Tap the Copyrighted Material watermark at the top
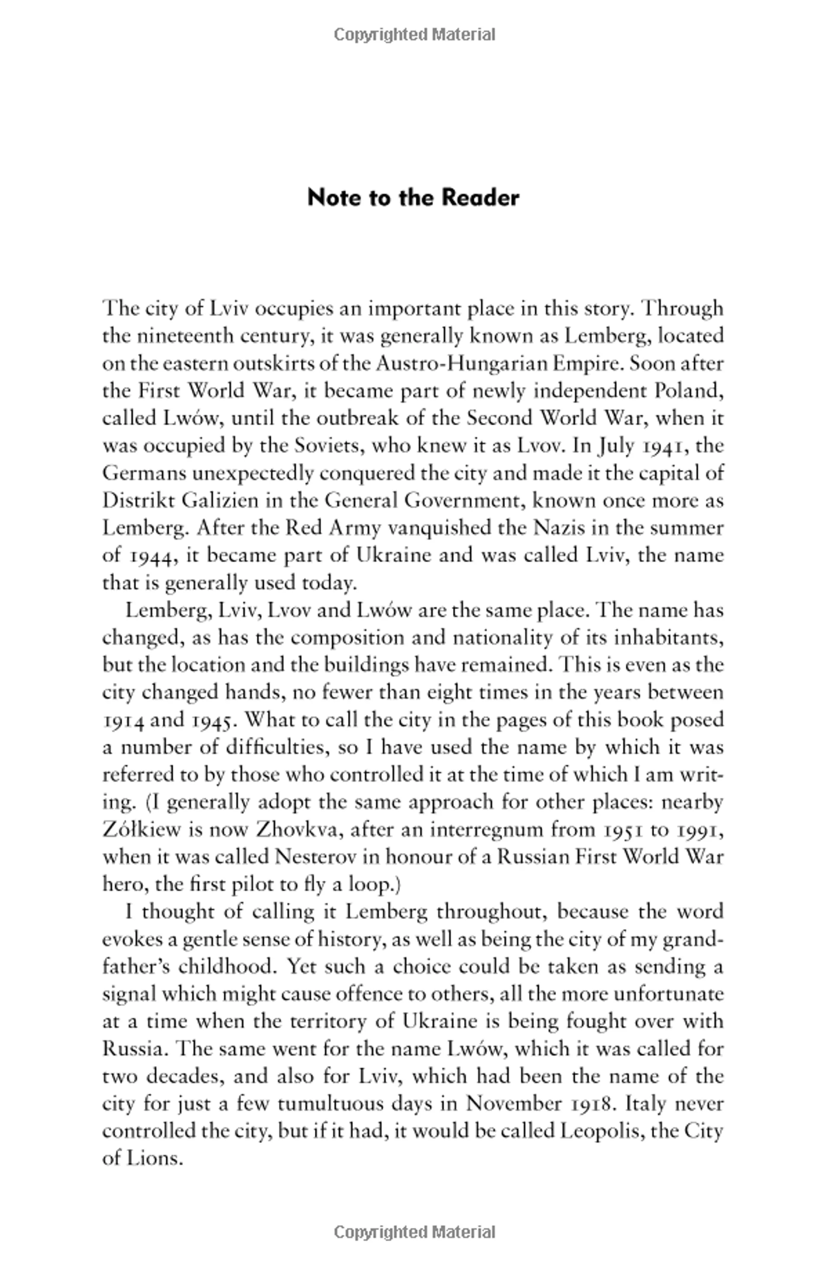pos(414,35)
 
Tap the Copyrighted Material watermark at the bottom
pos(414,1232)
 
